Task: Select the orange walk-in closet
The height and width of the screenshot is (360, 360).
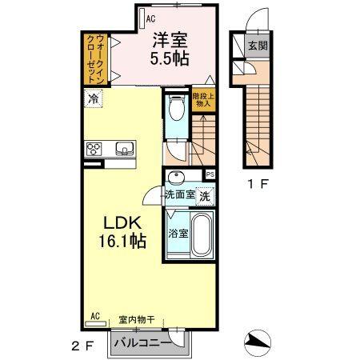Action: (95, 59)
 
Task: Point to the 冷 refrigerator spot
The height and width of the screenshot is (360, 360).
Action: (94, 100)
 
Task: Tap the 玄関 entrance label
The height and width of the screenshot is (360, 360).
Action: (257, 46)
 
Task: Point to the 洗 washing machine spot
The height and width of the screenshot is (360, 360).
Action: (205, 195)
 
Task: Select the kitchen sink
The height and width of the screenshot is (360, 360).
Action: (125, 148)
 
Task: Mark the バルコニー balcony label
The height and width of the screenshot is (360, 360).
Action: (142, 342)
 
